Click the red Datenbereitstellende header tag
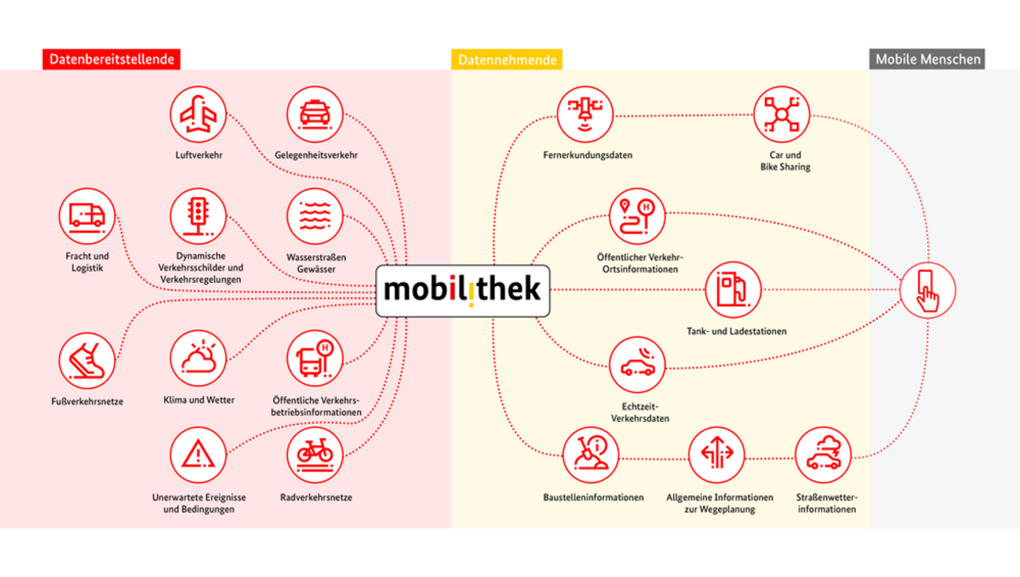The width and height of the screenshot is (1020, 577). click(x=111, y=59)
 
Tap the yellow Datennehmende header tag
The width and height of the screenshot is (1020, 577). click(x=506, y=59)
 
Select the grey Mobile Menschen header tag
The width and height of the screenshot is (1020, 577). click(x=927, y=59)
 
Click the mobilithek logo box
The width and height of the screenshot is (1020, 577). click(x=463, y=291)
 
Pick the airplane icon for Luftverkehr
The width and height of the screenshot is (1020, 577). click(x=198, y=114)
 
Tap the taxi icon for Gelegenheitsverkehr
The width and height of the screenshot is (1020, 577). click(x=315, y=114)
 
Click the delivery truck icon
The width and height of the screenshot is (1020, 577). click(x=87, y=216)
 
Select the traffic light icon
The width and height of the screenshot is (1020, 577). click(x=198, y=216)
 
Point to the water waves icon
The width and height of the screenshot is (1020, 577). click(x=315, y=216)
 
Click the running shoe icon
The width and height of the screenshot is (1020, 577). click(x=87, y=361)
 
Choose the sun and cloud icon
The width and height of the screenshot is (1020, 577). click(x=198, y=359)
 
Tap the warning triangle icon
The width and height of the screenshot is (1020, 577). click(x=198, y=454)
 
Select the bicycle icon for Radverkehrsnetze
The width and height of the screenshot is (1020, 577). click(x=315, y=454)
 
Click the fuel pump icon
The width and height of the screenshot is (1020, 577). click(x=733, y=289)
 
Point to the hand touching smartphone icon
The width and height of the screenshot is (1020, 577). click(x=928, y=290)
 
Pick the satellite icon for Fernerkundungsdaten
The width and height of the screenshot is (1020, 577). click(x=585, y=114)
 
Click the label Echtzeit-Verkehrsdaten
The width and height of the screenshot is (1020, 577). click(x=640, y=412)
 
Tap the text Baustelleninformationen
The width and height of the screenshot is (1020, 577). click(x=594, y=497)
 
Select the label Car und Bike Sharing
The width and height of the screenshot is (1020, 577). click(x=785, y=161)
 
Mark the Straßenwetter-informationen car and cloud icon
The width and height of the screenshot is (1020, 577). click(x=823, y=454)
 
